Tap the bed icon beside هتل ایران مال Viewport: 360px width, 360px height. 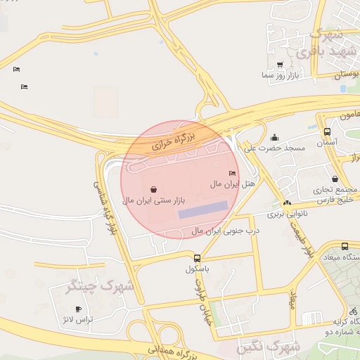point(233,173)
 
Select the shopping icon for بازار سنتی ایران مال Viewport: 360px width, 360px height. point(153,188)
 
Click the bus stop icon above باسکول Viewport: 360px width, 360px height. point(198,258)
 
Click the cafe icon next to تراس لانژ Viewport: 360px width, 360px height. point(78,309)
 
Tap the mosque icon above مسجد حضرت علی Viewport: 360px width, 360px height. point(274,138)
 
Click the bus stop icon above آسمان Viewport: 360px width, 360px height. point(327,131)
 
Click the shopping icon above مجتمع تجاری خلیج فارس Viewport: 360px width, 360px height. point(335,179)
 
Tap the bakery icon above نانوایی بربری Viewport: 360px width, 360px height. point(287,203)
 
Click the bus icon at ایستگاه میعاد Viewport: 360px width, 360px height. point(345,246)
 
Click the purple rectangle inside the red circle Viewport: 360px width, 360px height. point(202,210)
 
